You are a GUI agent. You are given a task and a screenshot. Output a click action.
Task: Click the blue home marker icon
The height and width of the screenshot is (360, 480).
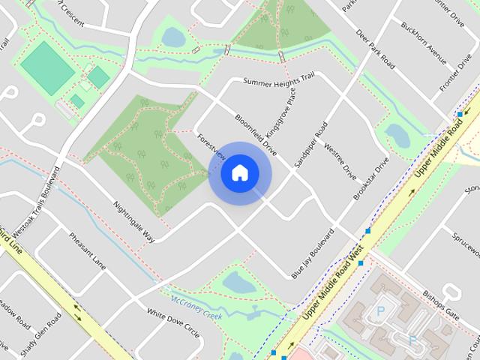click(239, 173)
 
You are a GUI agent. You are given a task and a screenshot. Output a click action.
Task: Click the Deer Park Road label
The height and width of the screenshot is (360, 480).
click(376, 50)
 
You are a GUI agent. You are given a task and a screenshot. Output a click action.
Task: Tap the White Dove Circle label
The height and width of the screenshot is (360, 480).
click(173, 322)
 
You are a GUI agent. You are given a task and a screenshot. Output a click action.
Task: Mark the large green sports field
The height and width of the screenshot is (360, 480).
click(47, 67)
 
